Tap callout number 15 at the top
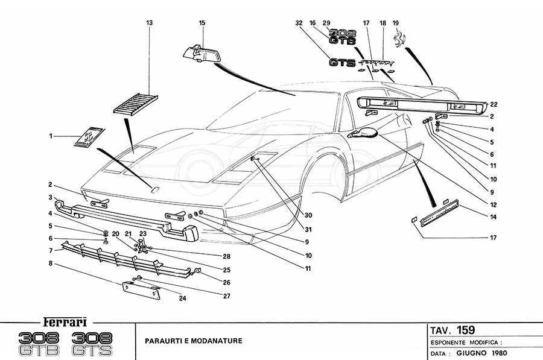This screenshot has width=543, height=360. [203, 22]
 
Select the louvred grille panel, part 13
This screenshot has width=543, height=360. [135, 103]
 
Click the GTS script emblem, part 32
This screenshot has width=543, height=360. [341, 62]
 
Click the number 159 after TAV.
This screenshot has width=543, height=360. [465, 329]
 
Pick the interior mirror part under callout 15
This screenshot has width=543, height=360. [200, 54]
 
